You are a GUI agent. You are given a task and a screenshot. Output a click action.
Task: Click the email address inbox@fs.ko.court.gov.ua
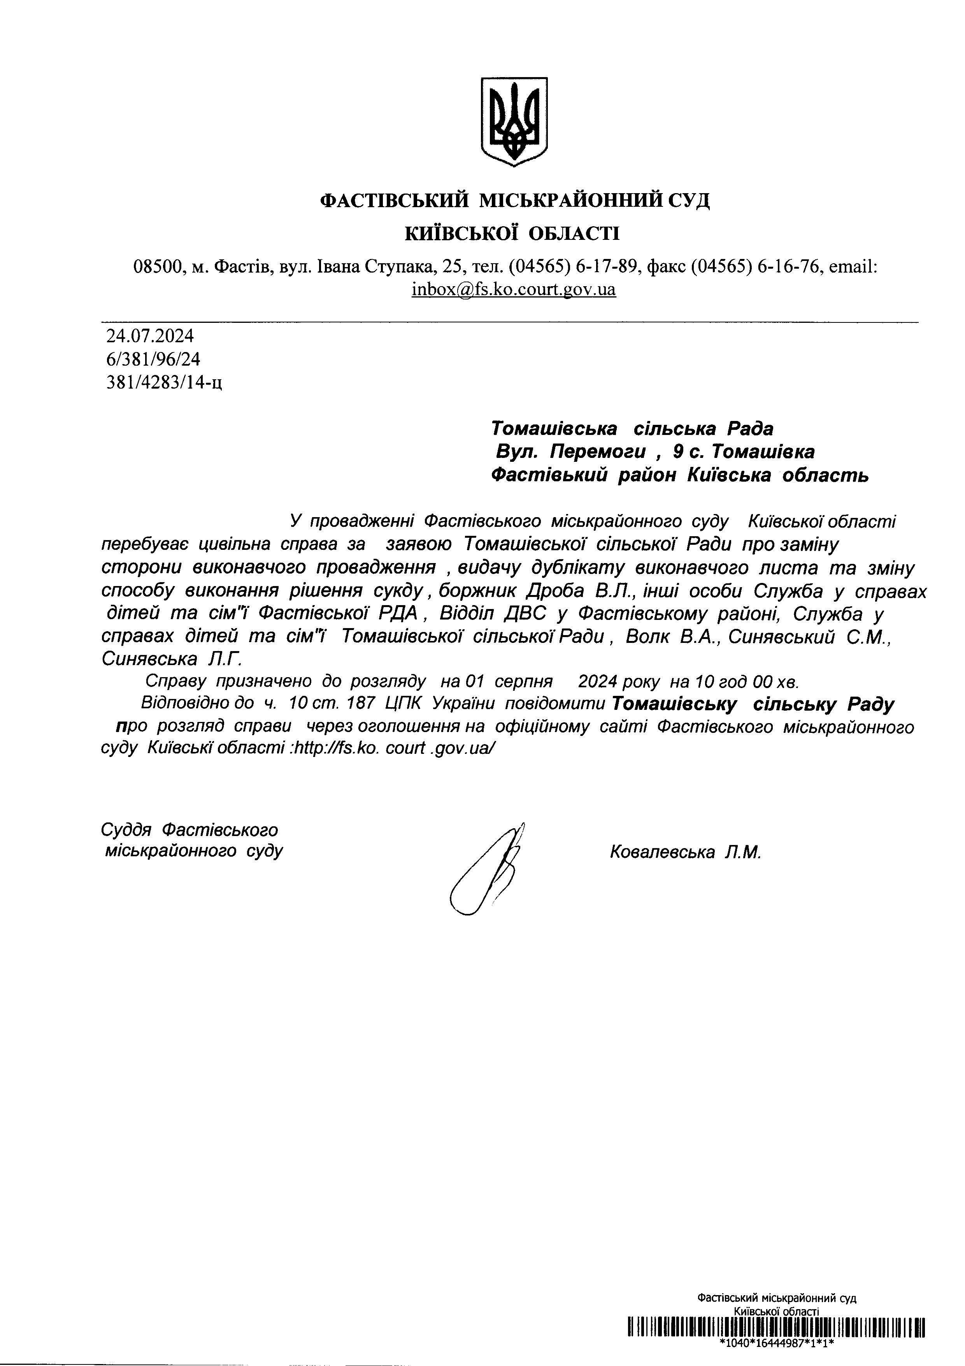click(x=513, y=289)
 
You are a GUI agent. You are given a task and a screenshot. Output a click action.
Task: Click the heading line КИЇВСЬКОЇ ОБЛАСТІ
click(x=512, y=233)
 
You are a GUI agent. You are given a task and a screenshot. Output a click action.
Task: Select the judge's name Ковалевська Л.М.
click(x=685, y=852)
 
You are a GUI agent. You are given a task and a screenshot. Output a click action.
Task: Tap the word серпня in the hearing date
click(x=523, y=681)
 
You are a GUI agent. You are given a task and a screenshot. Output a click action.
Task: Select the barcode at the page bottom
click(x=776, y=1327)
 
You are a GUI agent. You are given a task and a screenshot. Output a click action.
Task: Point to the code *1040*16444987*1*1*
click(x=776, y=1343)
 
